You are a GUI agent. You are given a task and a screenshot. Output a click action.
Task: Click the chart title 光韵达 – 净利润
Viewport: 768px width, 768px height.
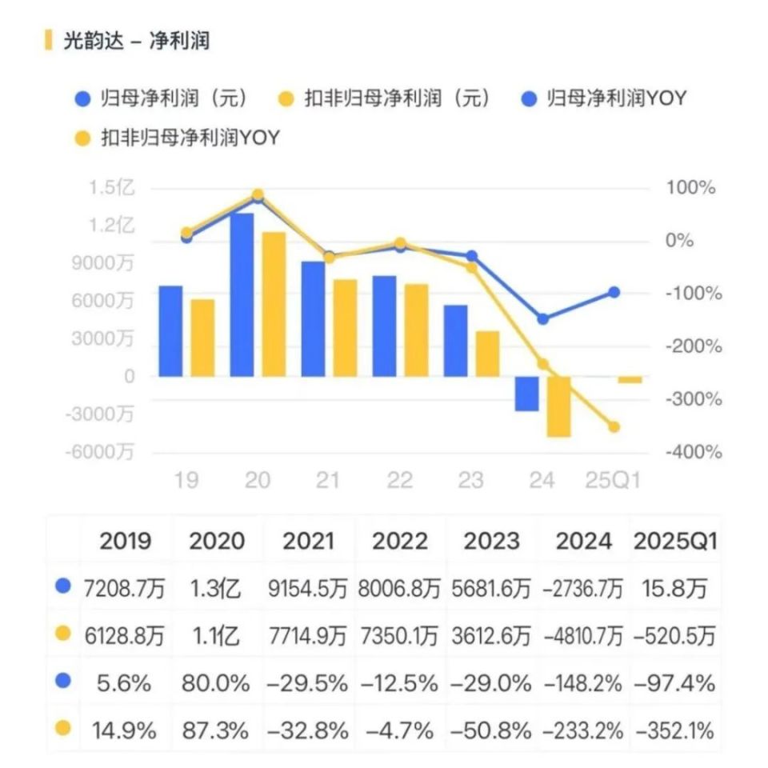point(136,40)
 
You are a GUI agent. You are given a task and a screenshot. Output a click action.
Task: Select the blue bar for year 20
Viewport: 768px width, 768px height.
point(242,294)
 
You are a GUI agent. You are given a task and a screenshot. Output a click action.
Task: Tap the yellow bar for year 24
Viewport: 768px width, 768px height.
point(558,406)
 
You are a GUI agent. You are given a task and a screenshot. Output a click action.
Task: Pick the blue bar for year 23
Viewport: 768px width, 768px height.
point(456,340)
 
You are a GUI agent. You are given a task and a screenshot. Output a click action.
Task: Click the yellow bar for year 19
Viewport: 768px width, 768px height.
point(202,337)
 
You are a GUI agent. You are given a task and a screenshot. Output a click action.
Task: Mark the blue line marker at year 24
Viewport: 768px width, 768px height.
point(543,318)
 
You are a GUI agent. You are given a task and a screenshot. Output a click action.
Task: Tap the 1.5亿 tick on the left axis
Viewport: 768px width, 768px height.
point(112,188)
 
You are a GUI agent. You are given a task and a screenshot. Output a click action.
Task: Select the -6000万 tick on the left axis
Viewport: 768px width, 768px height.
point(102,452)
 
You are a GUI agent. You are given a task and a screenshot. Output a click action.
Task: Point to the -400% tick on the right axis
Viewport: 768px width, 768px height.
point(693,452)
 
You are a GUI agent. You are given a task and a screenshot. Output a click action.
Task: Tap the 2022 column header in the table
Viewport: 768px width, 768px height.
point(400,542)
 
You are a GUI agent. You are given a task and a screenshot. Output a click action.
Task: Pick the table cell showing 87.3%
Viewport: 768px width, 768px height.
point(218,730)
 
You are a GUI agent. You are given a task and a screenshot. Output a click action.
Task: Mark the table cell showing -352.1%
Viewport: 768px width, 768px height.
point(674,730)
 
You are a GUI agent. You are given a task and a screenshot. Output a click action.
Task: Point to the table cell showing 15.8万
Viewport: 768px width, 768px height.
point(674,590)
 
